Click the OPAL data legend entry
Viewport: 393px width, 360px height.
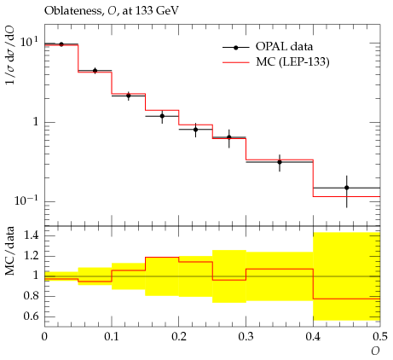(x=268, y=47)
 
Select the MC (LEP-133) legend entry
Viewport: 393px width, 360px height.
(x=276, y=62)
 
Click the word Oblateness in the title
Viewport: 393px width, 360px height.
(x=72, y=11)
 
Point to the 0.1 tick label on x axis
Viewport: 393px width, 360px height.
(x=112, y=337)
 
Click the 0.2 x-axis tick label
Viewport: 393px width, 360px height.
(x=179, y=337)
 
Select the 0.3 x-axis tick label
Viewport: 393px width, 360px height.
(x=246, y=337)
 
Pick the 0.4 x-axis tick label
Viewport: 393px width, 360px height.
(x=313, y=337)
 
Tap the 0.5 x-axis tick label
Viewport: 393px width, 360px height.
(x=380, y=337)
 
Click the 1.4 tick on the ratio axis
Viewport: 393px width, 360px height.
(x=32, y=235)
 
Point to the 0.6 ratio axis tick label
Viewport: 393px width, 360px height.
(x=32, y=316)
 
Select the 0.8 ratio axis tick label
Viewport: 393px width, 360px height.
(x=32, y=296)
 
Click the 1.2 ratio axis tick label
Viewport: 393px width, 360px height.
(x=32, y=256)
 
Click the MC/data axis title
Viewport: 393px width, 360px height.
(x=10, y=251)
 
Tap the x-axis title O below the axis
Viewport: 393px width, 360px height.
(x=375, y=351)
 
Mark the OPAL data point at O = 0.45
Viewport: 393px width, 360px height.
(x=346, y=188)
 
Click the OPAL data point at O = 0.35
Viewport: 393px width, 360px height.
(x=280, y=162)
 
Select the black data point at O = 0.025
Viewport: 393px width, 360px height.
(x=61, y=44)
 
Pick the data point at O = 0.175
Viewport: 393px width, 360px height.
(x=162, y=116)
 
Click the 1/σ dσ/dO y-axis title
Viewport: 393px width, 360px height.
(x=10, y=55)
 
